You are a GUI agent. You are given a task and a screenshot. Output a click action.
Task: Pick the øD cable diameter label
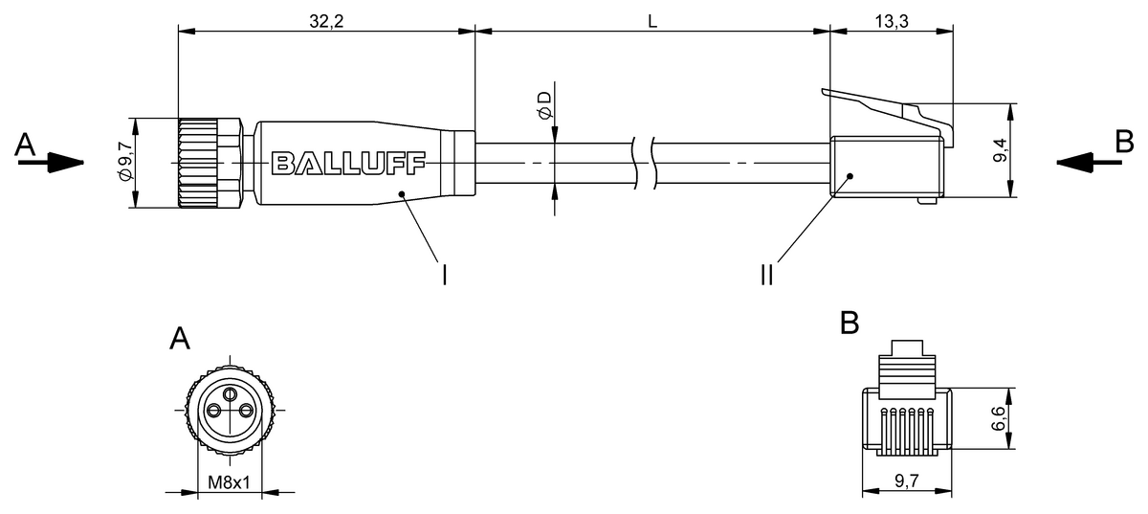[543, 105]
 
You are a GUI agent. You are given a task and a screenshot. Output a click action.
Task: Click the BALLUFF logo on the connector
[348, 164]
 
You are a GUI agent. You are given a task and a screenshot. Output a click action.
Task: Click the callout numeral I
[444, 276]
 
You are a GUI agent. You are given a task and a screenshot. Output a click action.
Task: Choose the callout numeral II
[766, 276]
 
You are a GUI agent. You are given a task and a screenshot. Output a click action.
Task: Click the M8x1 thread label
[229, 483]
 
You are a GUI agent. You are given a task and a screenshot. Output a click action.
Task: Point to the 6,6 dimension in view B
[1000, 418]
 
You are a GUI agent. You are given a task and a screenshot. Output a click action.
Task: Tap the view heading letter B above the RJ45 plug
[849, 324]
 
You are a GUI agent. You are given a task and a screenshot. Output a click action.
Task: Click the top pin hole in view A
[229, 393]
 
